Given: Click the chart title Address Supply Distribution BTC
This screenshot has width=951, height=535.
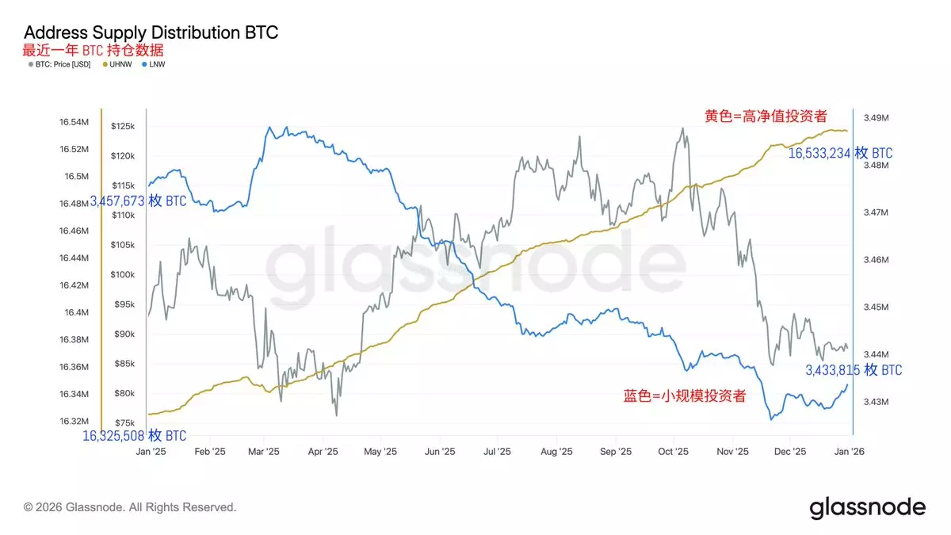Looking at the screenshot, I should point(151,33).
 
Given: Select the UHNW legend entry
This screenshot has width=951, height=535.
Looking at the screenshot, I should point(118,64).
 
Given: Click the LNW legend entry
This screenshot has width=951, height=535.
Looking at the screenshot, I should point(155,64).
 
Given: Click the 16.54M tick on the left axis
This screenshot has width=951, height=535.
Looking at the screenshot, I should point(74,122).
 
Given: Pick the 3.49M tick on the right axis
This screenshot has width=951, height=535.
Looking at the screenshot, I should point(875,118).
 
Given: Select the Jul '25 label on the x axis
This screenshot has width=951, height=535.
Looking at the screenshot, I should point(496,451).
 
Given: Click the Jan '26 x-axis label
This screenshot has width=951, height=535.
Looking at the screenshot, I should point(850,451).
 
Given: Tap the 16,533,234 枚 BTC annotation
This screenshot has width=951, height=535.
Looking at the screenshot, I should point(840,153).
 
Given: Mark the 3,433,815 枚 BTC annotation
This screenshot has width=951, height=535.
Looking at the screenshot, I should point(854,370).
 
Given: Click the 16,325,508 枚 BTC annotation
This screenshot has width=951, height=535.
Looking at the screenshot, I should point(135,436).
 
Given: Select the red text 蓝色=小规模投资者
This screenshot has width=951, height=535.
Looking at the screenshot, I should point(685,396).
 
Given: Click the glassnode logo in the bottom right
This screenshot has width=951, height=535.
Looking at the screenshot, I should point(867,507).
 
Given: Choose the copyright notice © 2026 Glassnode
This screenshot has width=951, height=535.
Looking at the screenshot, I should point(130,506).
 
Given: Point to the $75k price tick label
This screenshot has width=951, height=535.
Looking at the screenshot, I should point(124,422).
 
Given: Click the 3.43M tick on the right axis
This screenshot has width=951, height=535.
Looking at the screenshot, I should point(875,402).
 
